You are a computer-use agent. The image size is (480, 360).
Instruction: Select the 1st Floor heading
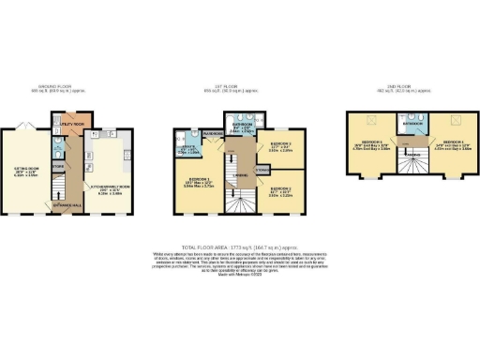click(x=240, y=91)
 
